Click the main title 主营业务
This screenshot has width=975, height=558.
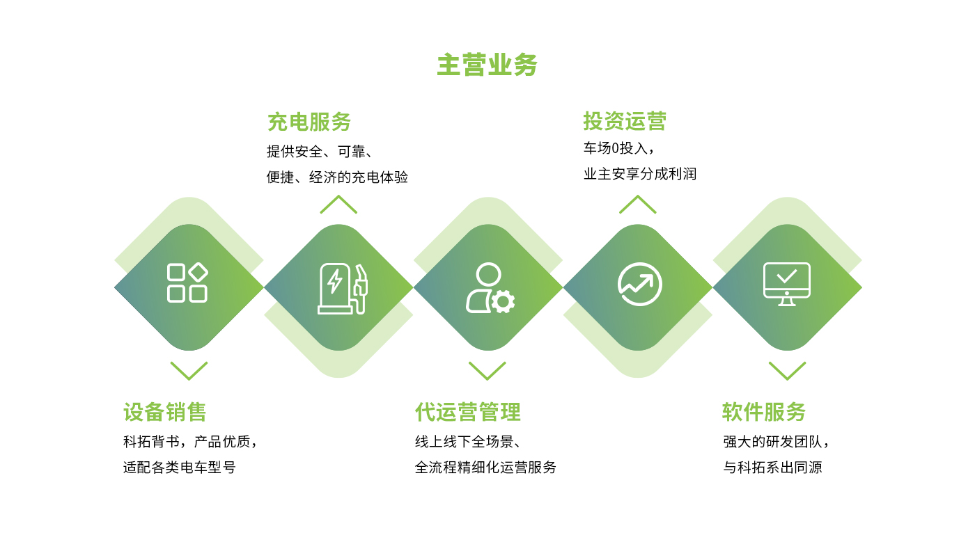pos(487,65)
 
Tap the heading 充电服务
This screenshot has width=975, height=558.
pos(309,122)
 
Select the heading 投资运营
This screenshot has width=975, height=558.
pos(625,121)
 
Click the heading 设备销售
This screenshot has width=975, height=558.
pos(164,412)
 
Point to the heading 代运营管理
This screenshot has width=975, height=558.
pos(467,412)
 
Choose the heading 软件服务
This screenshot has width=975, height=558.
pos(764,412)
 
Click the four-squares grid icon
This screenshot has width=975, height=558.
pos(187,282)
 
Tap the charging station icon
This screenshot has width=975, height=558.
pos(343,288)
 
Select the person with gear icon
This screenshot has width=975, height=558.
pos(490,287)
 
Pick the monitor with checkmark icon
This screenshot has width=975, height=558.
pos(786,284)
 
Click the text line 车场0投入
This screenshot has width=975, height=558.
pos(618,148)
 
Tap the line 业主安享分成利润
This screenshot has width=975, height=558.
pos(640,174)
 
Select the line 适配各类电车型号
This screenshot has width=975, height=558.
pos(180,468)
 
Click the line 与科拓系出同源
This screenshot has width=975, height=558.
pos(772,468)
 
